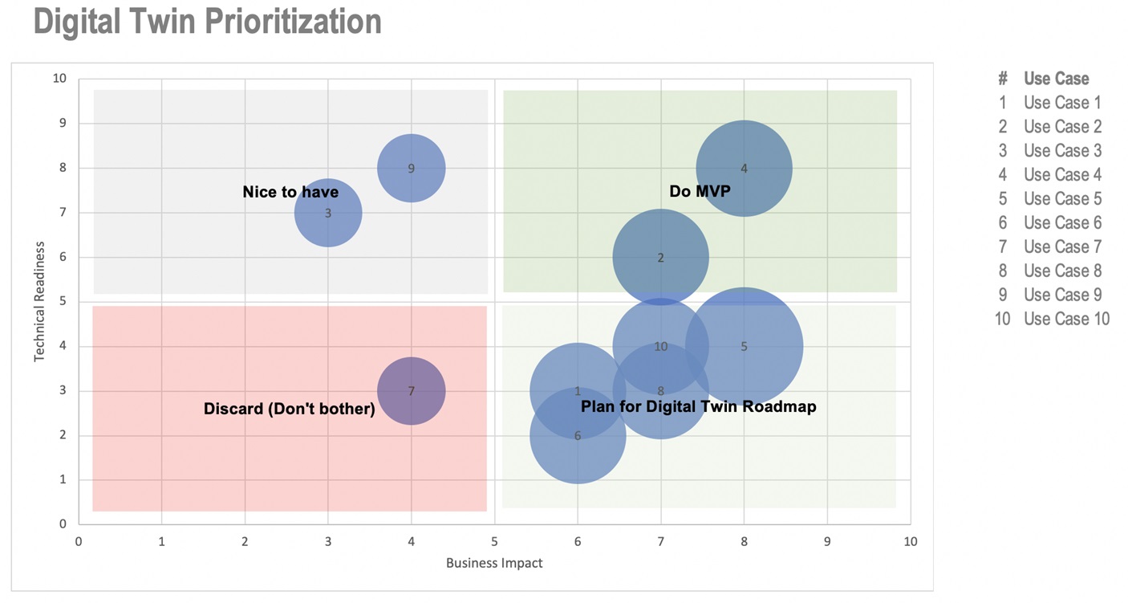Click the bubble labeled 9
pos(411,168)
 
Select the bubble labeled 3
pos(328,213)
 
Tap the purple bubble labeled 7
pos(411,391)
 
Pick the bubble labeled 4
pos(744,169)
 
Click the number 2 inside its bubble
pos(660,258)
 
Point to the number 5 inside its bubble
pos(744,346)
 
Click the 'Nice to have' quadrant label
pos(290,193)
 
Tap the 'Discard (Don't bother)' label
pos(290,409)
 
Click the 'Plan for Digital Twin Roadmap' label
pos(698,406)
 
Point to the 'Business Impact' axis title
pos(494,563)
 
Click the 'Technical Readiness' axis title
pos(39,301)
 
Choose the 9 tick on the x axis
pos(827,541)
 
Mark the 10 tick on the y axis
pos(59,79)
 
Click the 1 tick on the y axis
pos(63,479)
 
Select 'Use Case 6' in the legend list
pos(1062,222)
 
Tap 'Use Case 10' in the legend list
pos(1066,319)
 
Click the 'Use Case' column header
pos(1056,79)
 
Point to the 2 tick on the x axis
pos(245,541)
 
